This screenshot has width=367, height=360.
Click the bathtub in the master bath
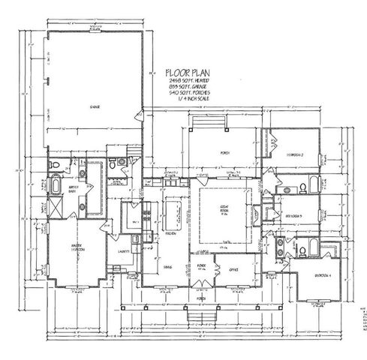57,184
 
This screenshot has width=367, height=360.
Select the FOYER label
201,265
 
